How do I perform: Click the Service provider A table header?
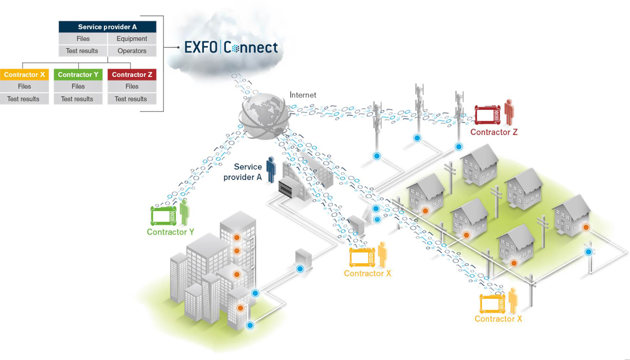click(107, 27)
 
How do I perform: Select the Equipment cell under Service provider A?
click(132, 39)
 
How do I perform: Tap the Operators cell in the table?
click(132, 51)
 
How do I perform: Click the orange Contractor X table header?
click(24, 74)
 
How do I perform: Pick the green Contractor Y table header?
click(78, 74)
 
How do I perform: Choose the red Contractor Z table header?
click(132, 74)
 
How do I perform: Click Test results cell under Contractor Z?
click(131, 99)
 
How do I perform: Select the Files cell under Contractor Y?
click(78, 86)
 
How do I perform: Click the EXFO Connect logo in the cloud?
click(231, 47)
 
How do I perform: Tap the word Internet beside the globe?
click(303, 95)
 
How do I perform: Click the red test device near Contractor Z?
click(488, 115)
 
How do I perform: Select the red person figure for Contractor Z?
click(509, 112)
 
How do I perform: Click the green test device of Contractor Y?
click(163, 216)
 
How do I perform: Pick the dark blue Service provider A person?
click(271, 169)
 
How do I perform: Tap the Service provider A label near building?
click(243, 172)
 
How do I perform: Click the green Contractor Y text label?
click(170, 232)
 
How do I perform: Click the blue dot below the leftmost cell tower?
click(377, 156)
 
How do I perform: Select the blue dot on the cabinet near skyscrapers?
click(300, 269)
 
